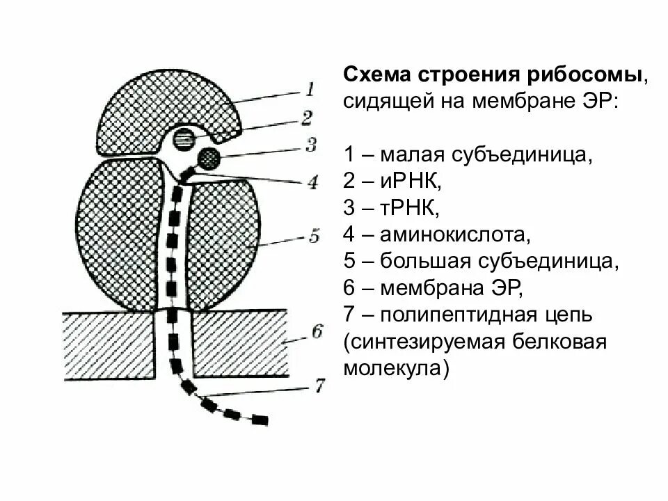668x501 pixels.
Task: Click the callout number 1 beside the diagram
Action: click(310, 88)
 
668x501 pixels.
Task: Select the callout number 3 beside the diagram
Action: click(310, 145)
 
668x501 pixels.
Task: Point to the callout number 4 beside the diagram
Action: click(312, 182)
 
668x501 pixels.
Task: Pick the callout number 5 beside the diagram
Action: click(313, 237)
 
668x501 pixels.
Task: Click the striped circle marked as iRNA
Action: click(184, 137)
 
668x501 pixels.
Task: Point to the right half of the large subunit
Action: click(223, 244)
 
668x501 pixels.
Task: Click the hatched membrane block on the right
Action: click(240, 342)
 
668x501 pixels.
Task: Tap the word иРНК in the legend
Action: click(408, 182)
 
